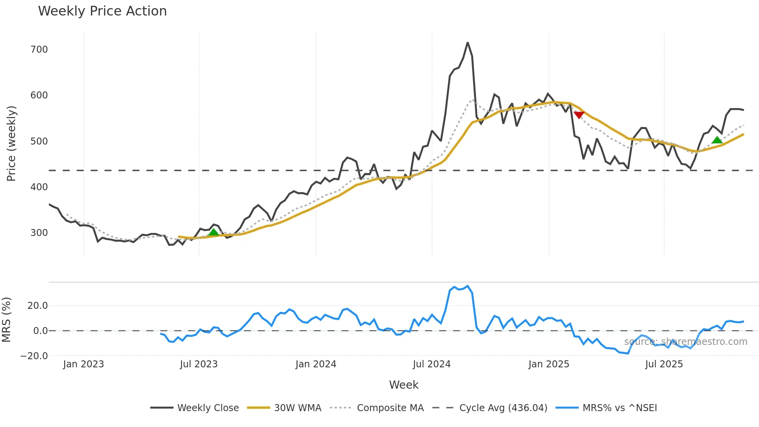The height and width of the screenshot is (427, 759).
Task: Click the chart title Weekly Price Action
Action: click(x=102, y=11)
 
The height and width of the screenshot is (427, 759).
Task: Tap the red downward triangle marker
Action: click(x=579, y=115)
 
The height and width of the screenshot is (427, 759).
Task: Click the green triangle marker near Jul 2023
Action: click(x=213, y=232)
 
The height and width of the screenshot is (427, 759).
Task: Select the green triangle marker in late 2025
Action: click(x=717, y=140)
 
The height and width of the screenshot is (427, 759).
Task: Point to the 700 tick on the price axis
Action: click(x=39, y=50)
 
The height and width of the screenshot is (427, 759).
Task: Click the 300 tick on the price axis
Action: click(x=39, y=233)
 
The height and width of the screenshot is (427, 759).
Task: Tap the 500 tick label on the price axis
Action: click(x=39, y=141)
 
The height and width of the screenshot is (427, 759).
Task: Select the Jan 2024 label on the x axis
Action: click(x=316, y=364)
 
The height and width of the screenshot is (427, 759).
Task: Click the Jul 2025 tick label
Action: click(x=664, y=364)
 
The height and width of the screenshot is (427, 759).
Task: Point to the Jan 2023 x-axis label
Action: click(x=83, y=364)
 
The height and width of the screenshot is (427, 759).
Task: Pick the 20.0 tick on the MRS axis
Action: click(x=38, y=306)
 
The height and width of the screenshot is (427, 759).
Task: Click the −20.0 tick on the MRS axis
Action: click(x=34, y=356)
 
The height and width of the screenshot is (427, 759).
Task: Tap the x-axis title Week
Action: click(x=404, y=385)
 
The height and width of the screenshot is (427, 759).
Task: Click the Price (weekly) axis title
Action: click(x=11, y=143)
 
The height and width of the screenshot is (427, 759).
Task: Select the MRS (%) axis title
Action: click(x=6, y=320)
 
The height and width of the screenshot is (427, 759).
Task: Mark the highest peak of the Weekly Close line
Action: click(x=467, y=43)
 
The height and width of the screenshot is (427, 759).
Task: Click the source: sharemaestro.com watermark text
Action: click(x=685, y=342)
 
